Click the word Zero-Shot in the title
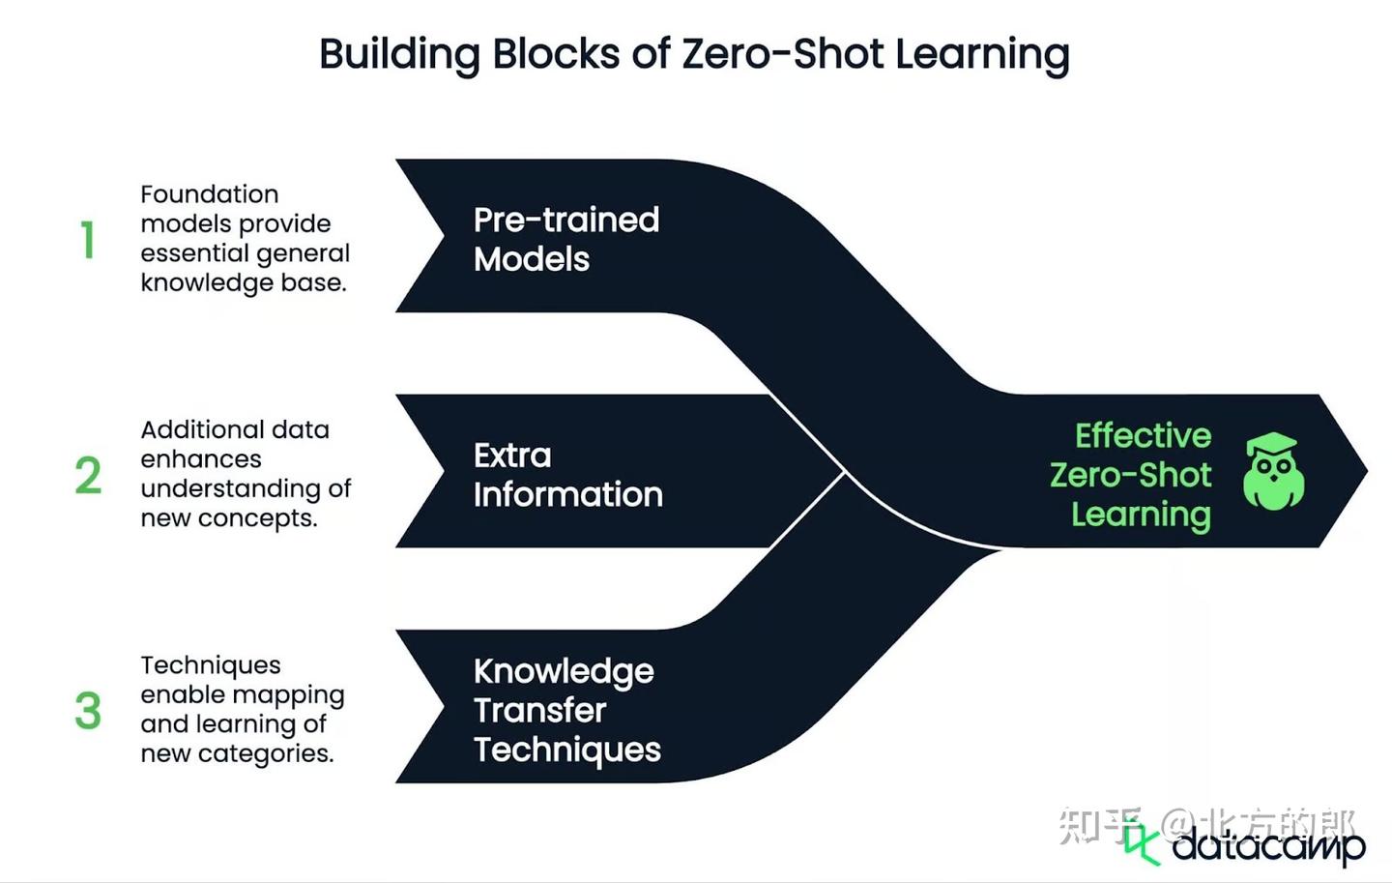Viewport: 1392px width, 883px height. pyautogui.click(x=782, y=54)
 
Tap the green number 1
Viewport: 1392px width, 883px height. pyautogui.click(x=88, y=240)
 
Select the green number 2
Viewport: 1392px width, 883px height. pyautogui.click(x=88, y=475)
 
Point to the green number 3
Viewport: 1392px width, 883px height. pyautogui.click(x=88, y=710)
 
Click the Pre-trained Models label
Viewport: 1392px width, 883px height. pyautogui.click(x=565, y=239)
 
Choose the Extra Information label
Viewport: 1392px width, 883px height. pyautogui.click(x=567, y=475)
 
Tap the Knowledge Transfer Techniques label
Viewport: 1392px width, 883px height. pyautogui.click(x=566, y=710)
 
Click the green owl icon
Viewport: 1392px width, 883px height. pyautogui.click(x=1273, y=473)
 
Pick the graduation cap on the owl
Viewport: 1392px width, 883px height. pyautogui.click(x=1271, y=445)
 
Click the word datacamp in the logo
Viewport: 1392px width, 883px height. pyautogui.click(x=1268, y=846)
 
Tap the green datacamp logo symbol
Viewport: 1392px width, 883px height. pyautogui.click(x=1142, y=843)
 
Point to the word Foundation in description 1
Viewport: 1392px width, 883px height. pyautogui.click(x=209, y=194)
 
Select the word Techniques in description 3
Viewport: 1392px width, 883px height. pyautogui.click(x=211, y=665)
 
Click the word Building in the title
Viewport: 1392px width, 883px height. pyautogui.click(x=398, y=54)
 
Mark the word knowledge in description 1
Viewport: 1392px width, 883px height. pyautogui.click(x=191, y=282)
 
